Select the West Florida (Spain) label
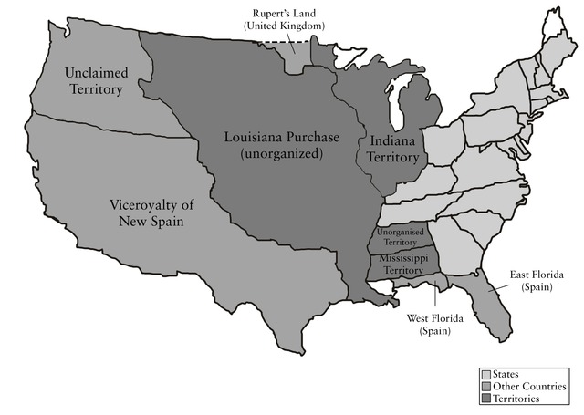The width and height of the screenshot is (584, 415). click(x=437, y=325)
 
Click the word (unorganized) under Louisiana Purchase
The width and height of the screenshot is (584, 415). click(x=282, y=154)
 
